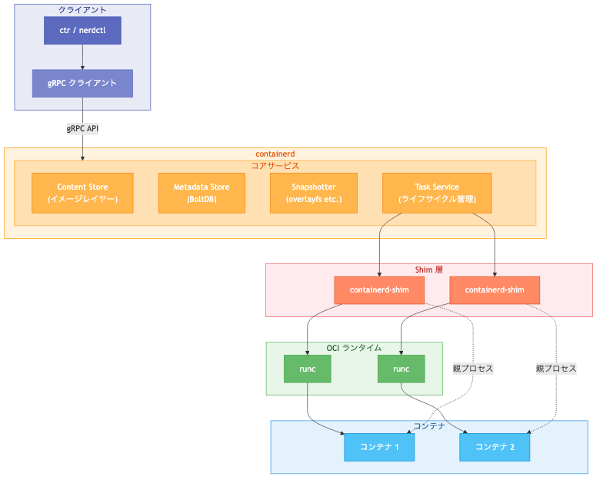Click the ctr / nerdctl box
point(82,30)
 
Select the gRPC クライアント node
point(82,83)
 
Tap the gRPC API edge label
point(82,129)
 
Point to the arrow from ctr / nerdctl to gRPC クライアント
point(82,57)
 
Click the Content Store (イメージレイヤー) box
point(82,193)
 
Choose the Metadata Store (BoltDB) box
point(202,193)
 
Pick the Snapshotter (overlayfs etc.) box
point(314,193)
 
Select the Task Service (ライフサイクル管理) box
point(437,193)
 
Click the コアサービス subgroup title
point(275,165)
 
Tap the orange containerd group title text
point(275,154)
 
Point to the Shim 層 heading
point(428,270)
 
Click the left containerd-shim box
point(380,290)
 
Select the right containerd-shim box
point(495,290)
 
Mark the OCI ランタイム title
point(354,348)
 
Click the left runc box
point(307,369)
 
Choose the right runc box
point(401,369)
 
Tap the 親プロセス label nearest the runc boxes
point(472,369)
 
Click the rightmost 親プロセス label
point(555,369)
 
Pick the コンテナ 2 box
point(495,447)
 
